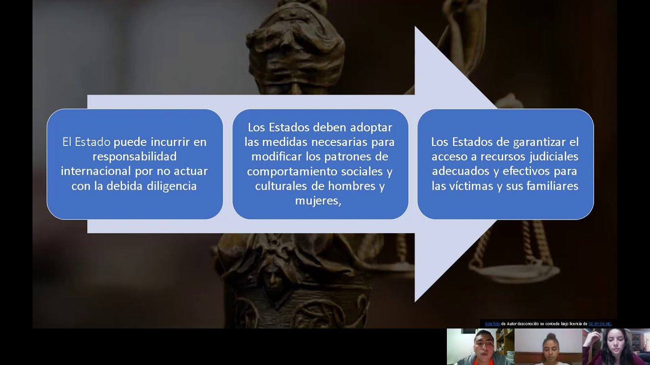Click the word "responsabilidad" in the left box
[x=135, y=156]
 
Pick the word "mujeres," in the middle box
[x=318, y=201]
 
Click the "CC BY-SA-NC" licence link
[x=600, y=323]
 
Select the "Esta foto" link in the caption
[x=492, y=323]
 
